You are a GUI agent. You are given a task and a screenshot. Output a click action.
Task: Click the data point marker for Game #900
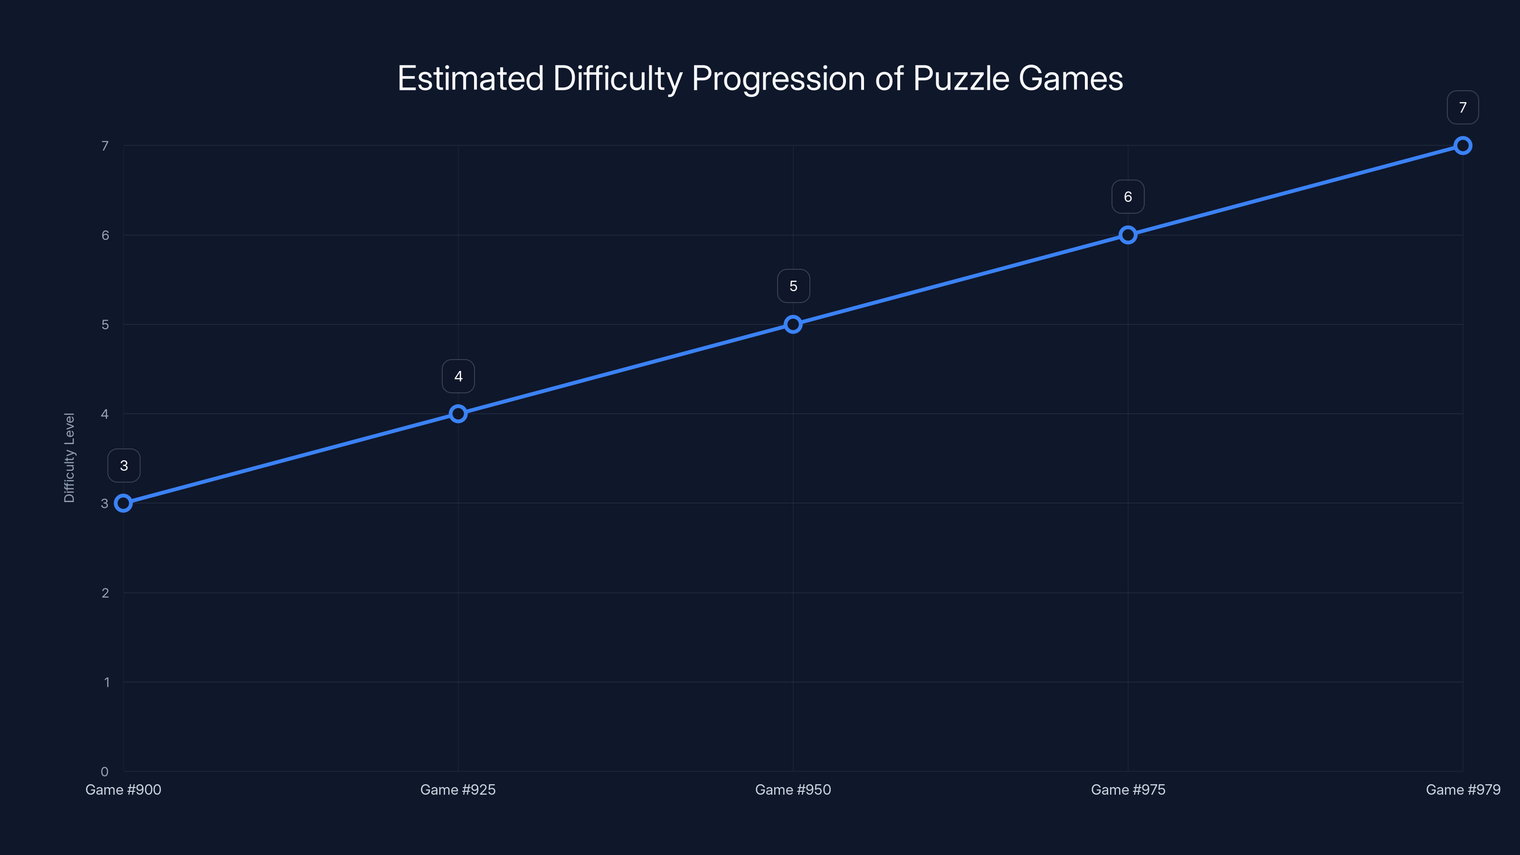coord(123,503)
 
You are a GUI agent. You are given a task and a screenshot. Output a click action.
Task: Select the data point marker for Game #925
coord(458,414)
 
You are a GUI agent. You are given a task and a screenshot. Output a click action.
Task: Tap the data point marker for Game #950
coord(793,324)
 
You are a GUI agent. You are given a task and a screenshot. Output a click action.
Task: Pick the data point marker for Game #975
coord(1128,235)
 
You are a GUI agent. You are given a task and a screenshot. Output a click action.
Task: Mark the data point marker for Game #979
coord(1462,146)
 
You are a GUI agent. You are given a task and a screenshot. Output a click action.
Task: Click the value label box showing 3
coord(124,465)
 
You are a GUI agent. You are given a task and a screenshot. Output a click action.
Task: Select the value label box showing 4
coord(458,377)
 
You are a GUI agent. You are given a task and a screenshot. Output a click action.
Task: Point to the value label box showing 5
coord(793,286)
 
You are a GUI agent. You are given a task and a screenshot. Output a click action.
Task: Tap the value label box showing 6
coord(1128,197)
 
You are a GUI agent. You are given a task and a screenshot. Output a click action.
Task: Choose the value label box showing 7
coord(1462,107)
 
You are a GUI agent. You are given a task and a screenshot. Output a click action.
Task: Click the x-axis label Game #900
coord(123,789)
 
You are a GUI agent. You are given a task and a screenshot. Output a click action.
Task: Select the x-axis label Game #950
coord(793,789)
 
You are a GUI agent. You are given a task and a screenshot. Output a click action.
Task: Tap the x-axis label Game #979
coord(1462,789)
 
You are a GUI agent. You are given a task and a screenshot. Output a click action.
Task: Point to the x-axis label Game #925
coord(458,789)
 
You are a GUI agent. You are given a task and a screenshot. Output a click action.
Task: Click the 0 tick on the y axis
coord(105,772)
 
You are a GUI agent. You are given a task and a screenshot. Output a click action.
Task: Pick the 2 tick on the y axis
coord(105,593)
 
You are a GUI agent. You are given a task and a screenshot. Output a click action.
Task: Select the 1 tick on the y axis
coord(107,682)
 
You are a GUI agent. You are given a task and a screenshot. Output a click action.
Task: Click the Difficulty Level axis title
coord(70,458)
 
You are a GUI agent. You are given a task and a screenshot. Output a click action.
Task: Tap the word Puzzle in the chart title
coord(960,78)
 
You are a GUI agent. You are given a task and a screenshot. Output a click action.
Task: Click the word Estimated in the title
coord(470,78)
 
